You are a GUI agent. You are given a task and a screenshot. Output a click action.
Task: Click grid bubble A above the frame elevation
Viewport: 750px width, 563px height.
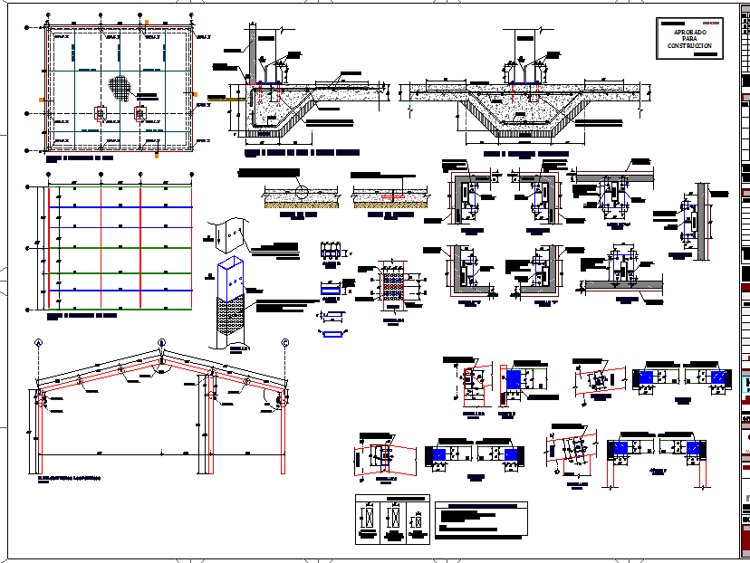pos(39,342)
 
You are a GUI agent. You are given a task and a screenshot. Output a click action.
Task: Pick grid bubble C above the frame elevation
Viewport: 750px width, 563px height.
pos(284,342)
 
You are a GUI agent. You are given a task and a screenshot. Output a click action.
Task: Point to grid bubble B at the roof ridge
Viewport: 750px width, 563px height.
pos(161,342)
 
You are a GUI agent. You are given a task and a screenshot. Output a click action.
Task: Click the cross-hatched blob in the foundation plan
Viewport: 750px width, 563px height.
pos(120,87)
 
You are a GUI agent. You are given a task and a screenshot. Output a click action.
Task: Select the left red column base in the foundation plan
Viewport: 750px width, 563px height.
pos(100,114)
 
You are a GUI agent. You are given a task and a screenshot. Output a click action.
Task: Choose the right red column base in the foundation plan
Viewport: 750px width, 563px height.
pos(139,114)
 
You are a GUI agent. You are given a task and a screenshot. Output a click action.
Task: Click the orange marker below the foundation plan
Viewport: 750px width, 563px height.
pos(157,155)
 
